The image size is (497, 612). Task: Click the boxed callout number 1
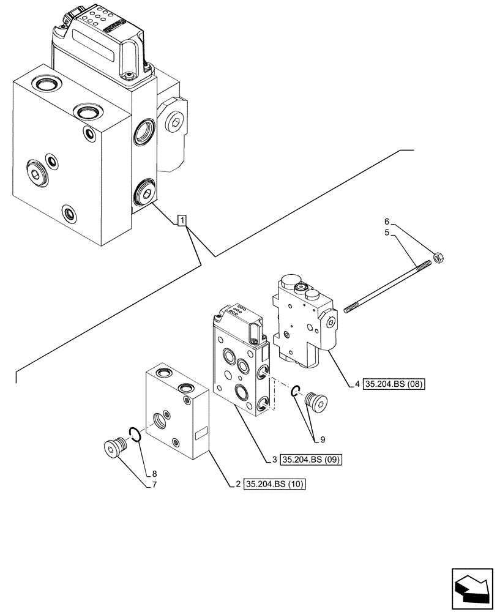182,220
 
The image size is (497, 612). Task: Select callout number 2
237,485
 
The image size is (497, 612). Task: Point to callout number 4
357,384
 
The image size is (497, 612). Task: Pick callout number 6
386,221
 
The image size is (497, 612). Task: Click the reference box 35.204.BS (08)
394,384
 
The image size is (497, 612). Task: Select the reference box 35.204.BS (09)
310,458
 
